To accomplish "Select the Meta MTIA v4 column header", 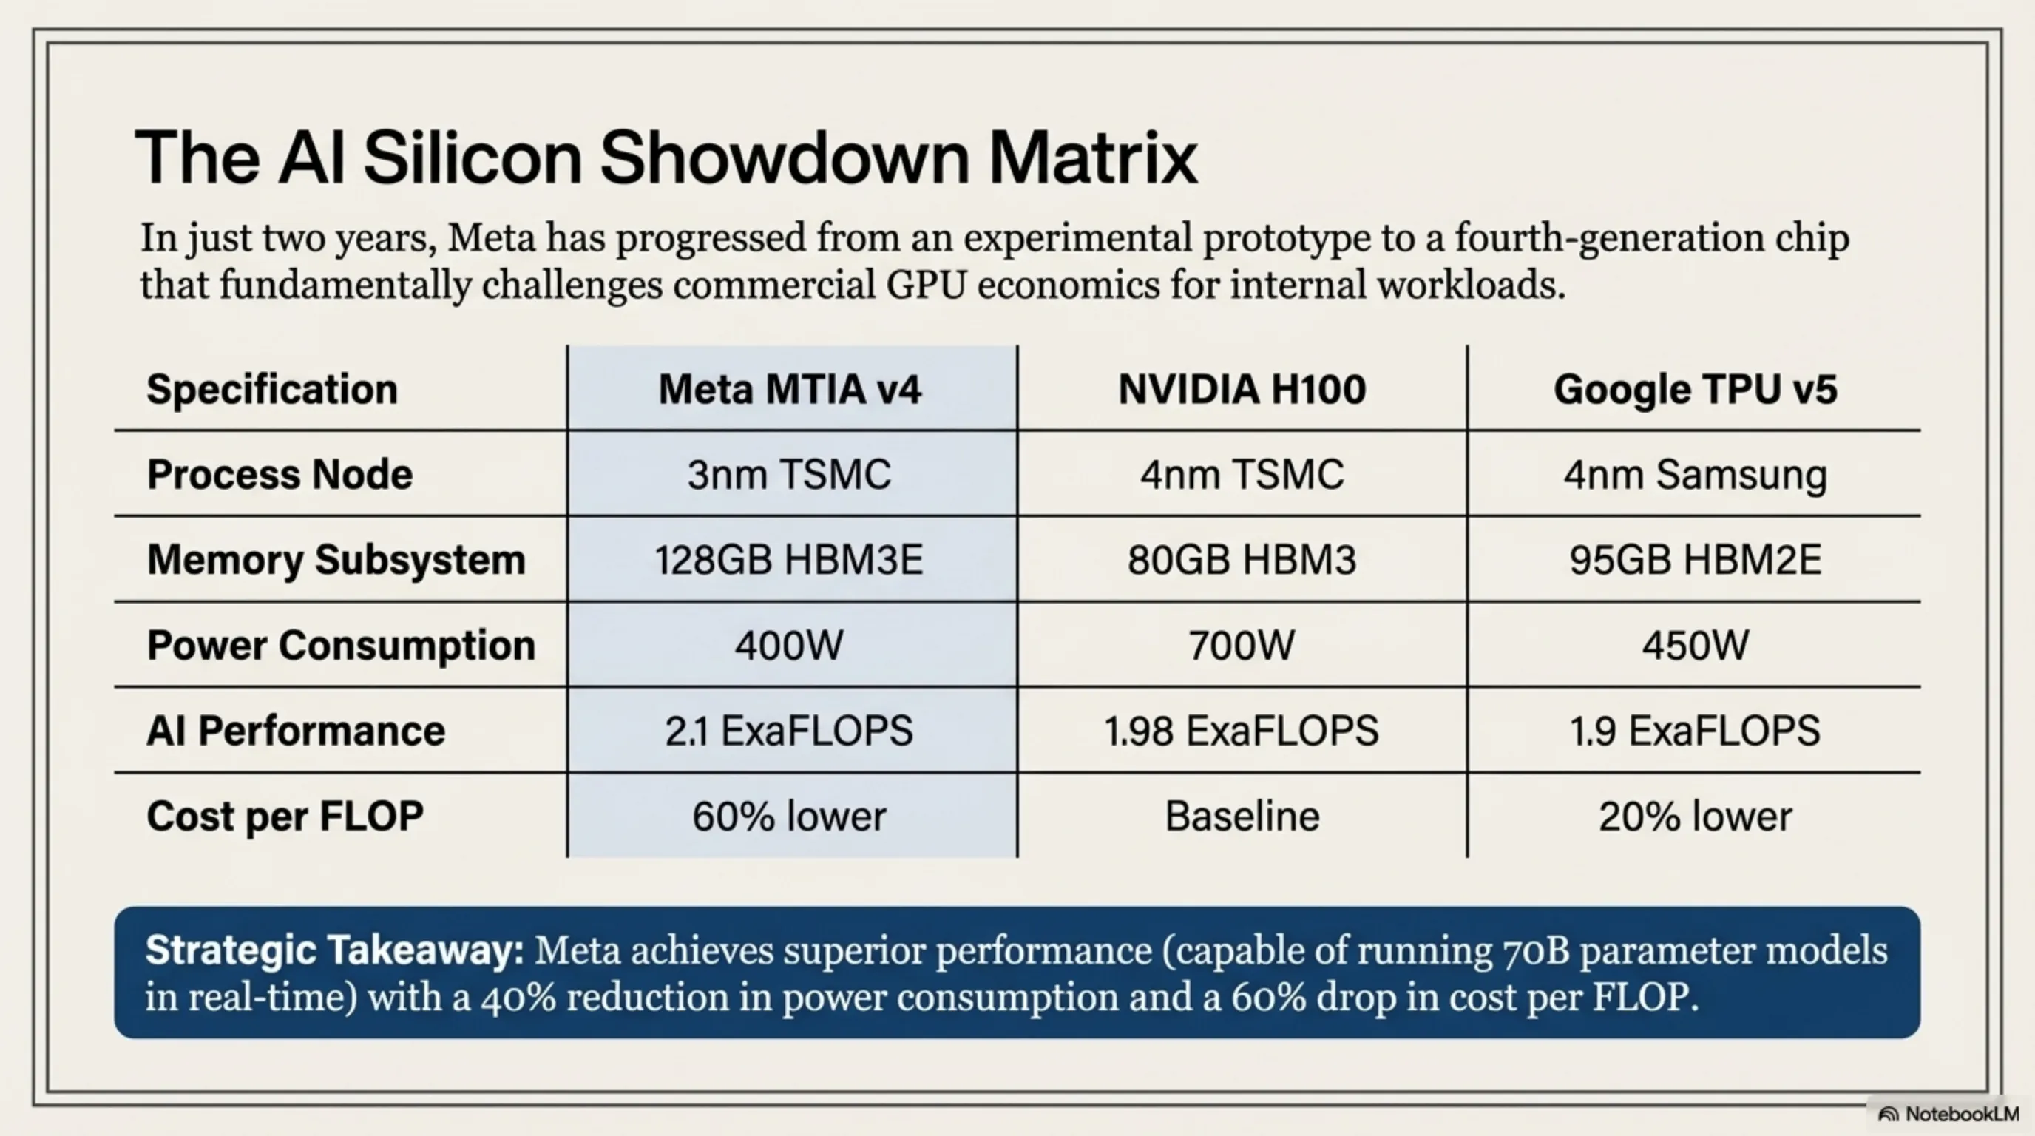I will pyautogui.click(x=789, y=390).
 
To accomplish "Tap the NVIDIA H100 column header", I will pyautogui.click(x=1242, y=390).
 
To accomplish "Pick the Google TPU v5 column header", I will pyautogui.click(x=1695, y=390).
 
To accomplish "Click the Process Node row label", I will pyautogui.click(x=280, y=475).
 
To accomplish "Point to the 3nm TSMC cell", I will pyautogui.click(x=789, y=475).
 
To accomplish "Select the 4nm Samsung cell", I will pyautogui.click(x=1695, y=475).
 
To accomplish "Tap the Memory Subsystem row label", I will pyautogui.click(x=336, y=560).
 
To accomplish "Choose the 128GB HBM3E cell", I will pyautogui.click(x=789, y=560).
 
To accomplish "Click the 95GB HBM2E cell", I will pyautogui.click(x=1695, y=560).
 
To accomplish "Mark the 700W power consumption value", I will pyautogui.click(x=1242, y=646).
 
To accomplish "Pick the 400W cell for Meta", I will pyautogui.click(x=789, y=646).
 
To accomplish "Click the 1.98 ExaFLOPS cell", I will pyautogui.click(x=1242, y=731).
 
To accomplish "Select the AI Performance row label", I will pyautogui.click(x=296, y=731).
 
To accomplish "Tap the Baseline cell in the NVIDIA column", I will pyautogui.click(x=1242, y=816).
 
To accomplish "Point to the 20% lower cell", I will pyautogui.click(x=1695, y=816).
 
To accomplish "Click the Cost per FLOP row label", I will pyautogui.click(x=285, y=816).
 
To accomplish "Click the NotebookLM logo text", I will pyautogui.click(x=1962, y=1114).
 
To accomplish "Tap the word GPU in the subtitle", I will pyautogui.click(x=926, y=285).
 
